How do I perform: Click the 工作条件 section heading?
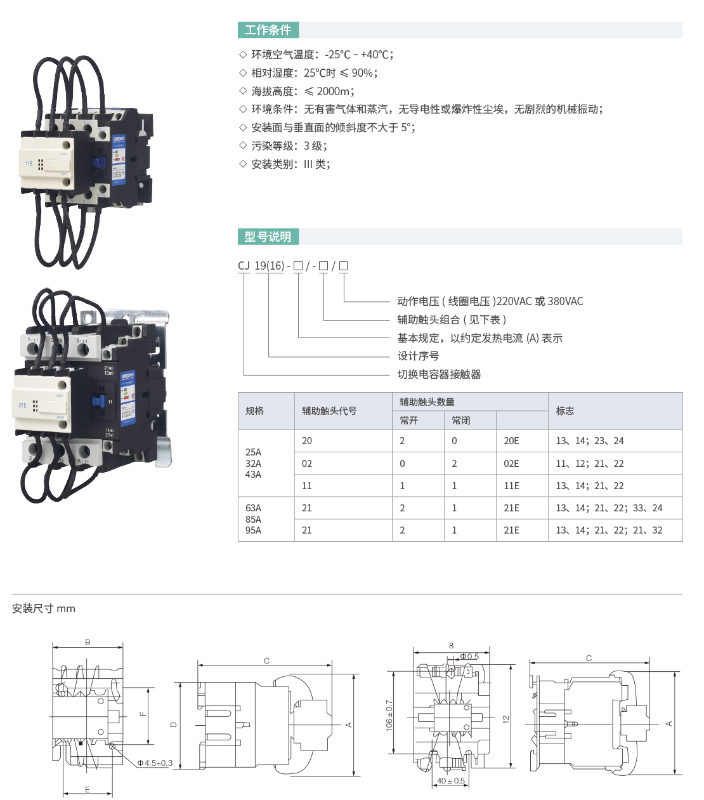tap(268, 30)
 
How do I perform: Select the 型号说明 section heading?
tap(268, 237)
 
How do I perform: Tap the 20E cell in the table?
tap(511, 441)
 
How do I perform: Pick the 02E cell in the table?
tap(511, 464)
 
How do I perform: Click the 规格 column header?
tap(254, 411)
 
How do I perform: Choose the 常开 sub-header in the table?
tap(409, 421)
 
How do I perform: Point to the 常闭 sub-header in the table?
tap(461, 421)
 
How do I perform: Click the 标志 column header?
tap(564, 411)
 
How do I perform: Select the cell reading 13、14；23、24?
tap(590, 441)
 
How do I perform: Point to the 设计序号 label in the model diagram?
tap(417, 356)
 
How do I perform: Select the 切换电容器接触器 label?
tap(439, 374)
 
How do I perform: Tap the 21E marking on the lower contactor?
tap(23, 405)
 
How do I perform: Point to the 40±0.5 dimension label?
tap(451, 781)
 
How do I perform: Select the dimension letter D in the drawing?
tap(174, 725)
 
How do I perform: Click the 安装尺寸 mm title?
tap(44, 609)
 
